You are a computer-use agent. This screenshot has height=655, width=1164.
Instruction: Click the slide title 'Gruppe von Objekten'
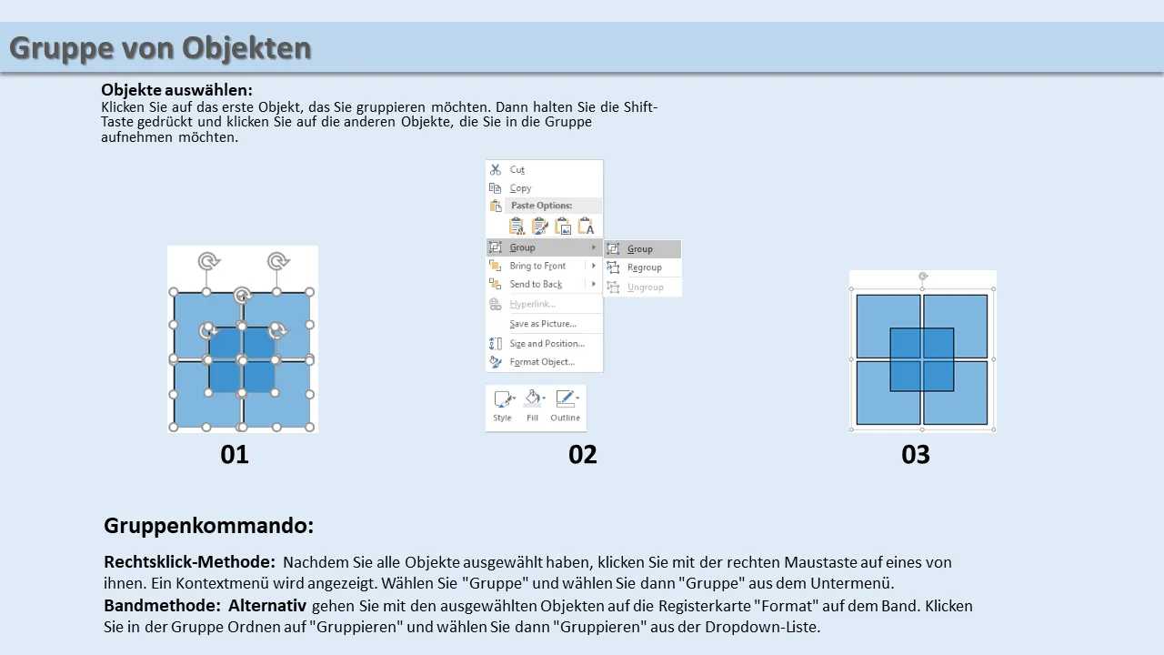tap(160, 48)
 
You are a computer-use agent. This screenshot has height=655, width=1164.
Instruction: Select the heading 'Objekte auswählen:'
tap(176, 90)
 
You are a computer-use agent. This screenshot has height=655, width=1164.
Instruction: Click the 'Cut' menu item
tap(517, 169)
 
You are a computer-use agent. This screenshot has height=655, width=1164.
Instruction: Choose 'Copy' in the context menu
tap(520, 188)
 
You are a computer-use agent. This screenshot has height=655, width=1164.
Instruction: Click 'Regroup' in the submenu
tap(645, 267)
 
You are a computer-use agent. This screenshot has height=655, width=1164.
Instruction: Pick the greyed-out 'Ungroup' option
tap(645, 287)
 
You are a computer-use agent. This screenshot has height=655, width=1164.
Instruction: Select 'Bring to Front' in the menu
tap(537, 266)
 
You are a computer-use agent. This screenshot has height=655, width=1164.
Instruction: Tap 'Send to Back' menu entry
tap(536, 284)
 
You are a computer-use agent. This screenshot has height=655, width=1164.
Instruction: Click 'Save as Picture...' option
tap(543, 323)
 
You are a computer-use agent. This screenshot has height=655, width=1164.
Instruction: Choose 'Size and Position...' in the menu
tap(547, 343)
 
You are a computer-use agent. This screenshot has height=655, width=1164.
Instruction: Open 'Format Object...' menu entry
tap(542, 362)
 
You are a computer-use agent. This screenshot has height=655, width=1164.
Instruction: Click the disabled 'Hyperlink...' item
tap(533, 304)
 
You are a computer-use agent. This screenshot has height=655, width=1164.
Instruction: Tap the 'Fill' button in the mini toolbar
tap(532, 406)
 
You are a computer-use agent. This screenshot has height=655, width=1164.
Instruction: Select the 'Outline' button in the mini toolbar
tap(566, 406)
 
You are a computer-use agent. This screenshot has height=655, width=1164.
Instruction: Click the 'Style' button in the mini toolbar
tap(503, 406)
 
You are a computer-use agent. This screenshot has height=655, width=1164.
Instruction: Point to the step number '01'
tap(235, 454)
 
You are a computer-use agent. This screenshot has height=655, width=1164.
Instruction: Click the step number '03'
tap(916, 454)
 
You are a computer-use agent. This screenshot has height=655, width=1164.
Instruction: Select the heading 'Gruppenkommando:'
tap(209, 526)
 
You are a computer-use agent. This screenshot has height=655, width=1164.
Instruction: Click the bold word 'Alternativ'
tap(267, 606)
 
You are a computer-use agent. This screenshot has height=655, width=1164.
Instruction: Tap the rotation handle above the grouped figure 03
tap(923, 276)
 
